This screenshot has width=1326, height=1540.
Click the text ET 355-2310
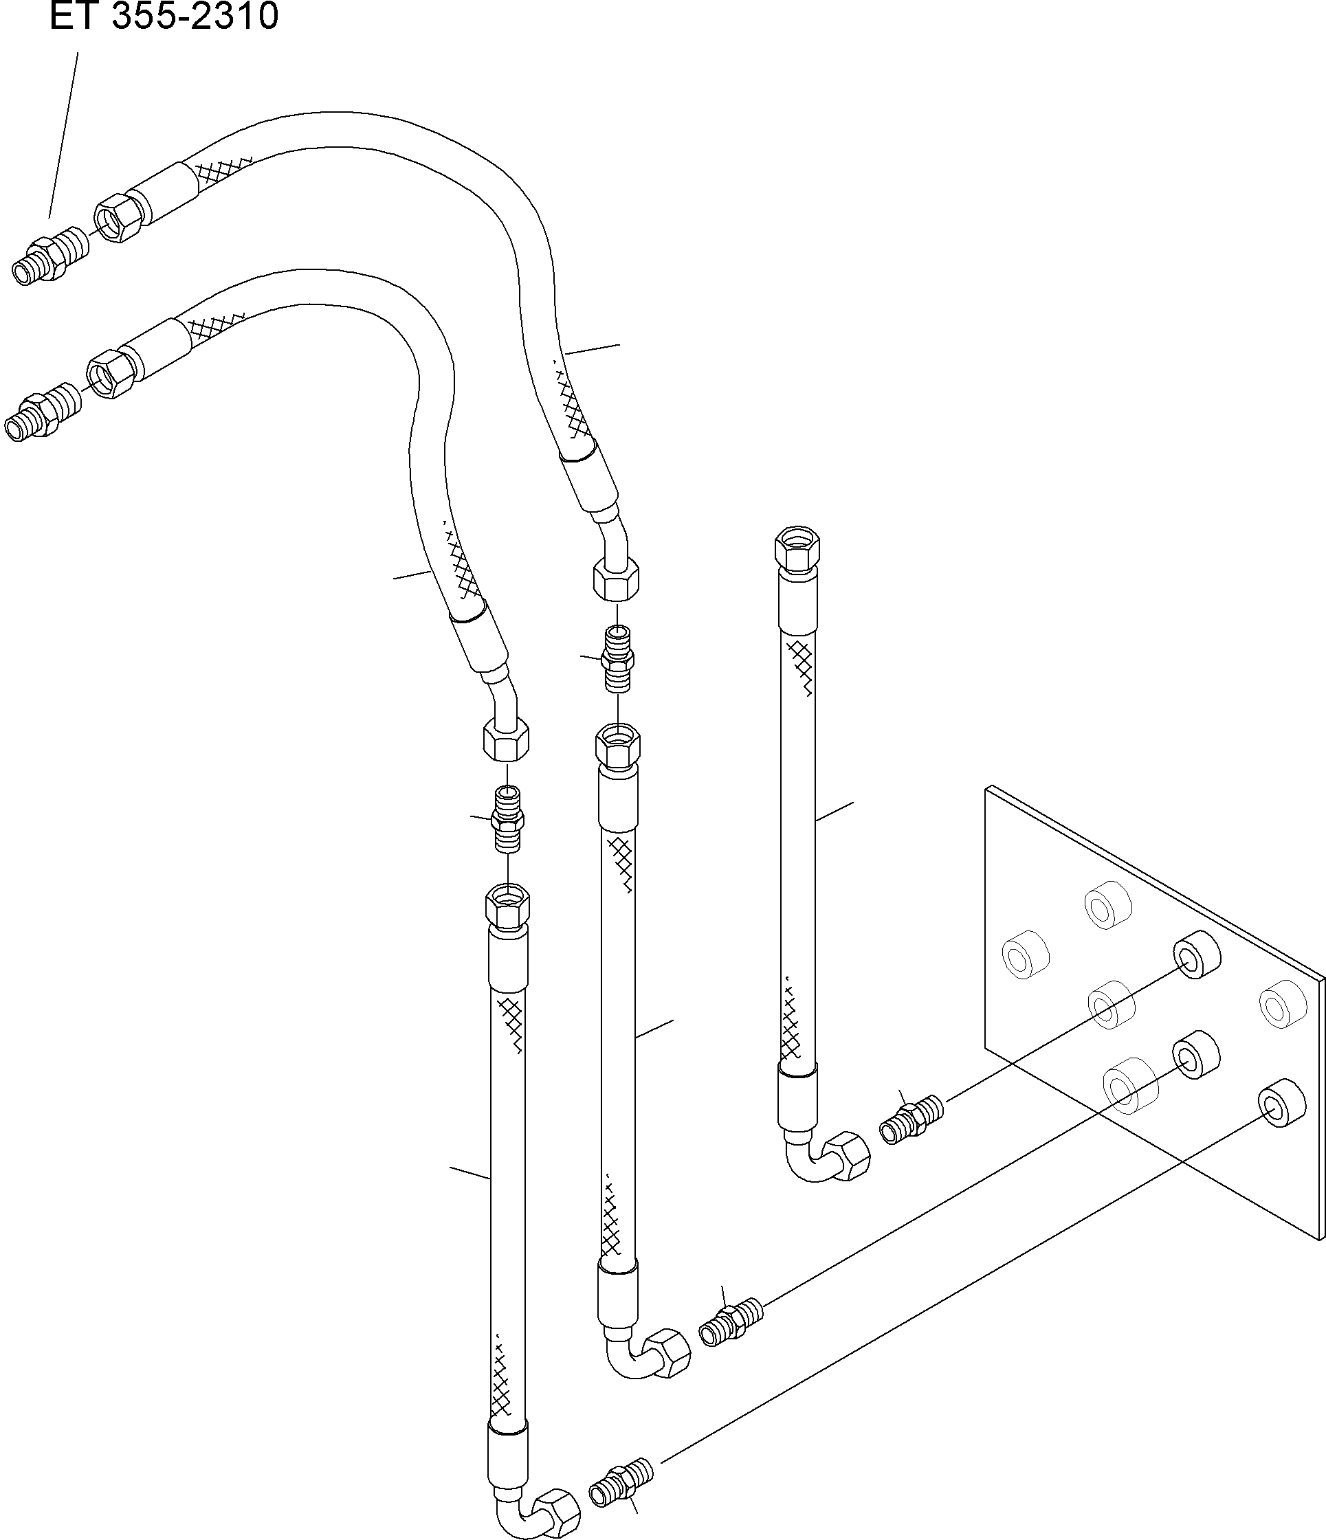click(x=164, y=16)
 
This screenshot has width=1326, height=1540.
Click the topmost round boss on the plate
click(x=1107, y=904)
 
